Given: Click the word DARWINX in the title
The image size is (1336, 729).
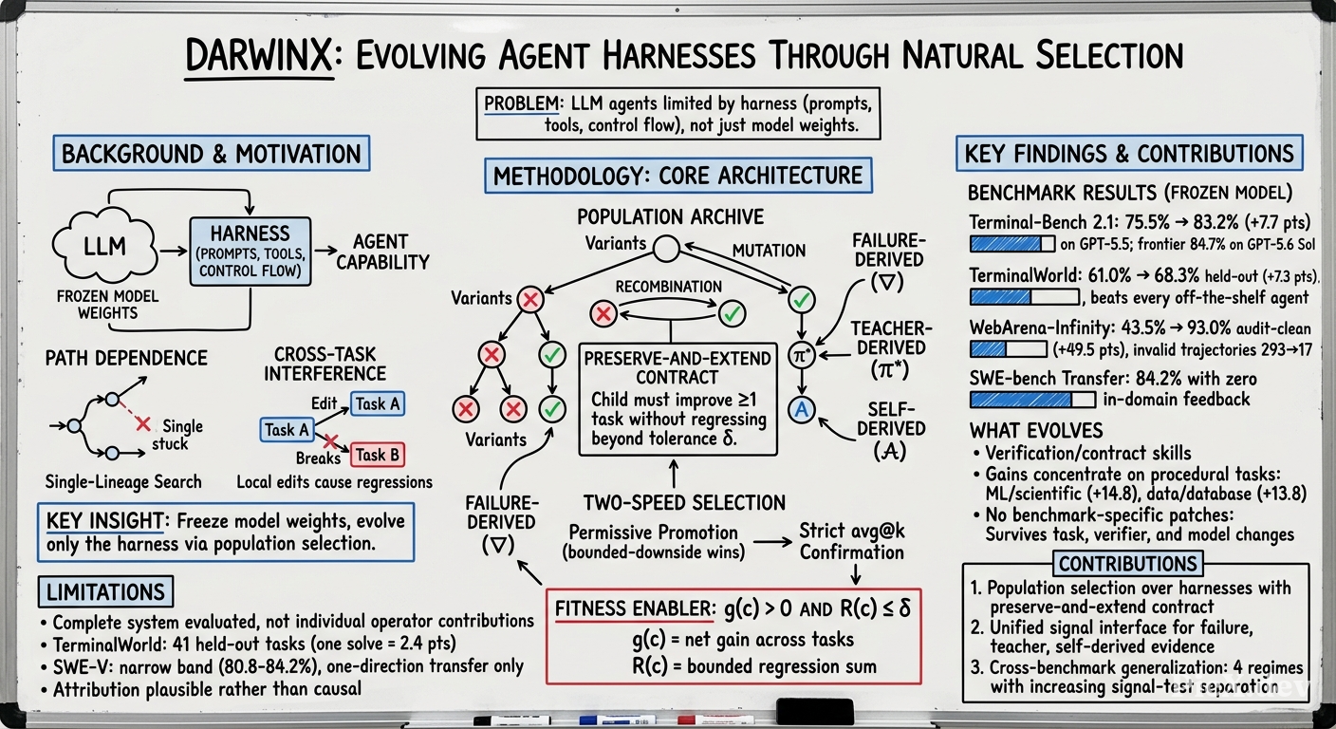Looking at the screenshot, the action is click(x=259, y=56).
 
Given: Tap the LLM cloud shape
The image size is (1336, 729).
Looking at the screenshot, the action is click(x=105, y=247).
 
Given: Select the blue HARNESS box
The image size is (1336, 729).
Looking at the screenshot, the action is click(x=250, y=252).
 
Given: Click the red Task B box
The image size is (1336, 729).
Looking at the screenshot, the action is click(x=378, y=455).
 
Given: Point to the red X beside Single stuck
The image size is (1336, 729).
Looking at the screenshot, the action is click(x=142, y=424).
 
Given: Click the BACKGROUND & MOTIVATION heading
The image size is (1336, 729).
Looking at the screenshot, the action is click(x=212, y=154).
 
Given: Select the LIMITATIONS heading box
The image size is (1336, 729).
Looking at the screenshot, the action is click(x=105, y=591).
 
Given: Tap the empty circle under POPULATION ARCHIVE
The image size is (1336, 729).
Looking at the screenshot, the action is click(x=666, y=249).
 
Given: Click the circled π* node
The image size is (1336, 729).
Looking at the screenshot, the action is click(x=802, y=356).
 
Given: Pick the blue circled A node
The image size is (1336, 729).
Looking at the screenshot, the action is click(x=802, y=409).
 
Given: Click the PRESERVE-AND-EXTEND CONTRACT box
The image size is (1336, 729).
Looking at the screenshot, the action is click(x=678, y=399).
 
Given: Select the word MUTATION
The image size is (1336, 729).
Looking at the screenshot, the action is click(x=769, y=251).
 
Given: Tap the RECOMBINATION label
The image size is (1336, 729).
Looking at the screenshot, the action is click(x=669, y=287).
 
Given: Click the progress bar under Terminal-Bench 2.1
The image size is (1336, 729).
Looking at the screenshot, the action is click(x=1012, y=243).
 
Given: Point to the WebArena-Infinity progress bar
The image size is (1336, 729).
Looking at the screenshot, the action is click(x=1009, y=349).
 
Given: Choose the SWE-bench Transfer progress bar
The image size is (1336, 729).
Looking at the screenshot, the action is click(x=1032, y=400).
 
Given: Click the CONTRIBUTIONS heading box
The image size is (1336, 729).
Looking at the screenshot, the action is click(x=1128, y=564).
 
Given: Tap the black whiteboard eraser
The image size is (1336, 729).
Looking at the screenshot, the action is click(x=815, y=712).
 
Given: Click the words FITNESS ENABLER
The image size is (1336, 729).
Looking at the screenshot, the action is click(x=634, y=609).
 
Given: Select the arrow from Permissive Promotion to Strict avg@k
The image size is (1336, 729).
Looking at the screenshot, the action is click(x=773, y=542).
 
